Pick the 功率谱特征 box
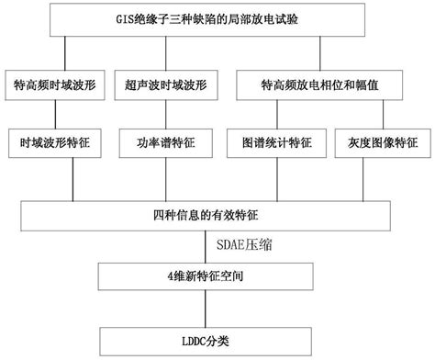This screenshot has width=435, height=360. [165, 144]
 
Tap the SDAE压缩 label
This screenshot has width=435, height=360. [246, 247]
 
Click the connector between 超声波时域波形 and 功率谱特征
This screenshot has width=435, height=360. [165, 114]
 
